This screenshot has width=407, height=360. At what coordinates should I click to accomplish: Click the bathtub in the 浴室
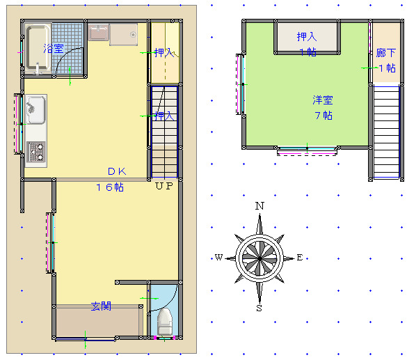pyautogui.click(x=38, y=48)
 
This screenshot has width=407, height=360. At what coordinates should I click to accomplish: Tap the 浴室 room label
pyautogui.click(x=54, y=49)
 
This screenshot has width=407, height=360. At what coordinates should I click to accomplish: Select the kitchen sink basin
pyautogui.click(x=35, y=109)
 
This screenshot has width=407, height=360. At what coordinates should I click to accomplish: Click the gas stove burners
pyautogui.click(x=35, y=151)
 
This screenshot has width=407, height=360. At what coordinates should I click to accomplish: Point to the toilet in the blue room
pyautogui.click(x=165, y=322)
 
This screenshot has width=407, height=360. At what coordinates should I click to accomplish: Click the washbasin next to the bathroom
pyautogui.click(x=98, y=32)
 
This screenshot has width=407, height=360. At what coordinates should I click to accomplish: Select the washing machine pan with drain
pyautogui.click(x=124, y=35)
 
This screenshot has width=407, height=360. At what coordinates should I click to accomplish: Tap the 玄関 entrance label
pyautogui.click(x=101, y=306)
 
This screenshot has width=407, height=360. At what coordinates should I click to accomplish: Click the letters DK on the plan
pyautogui.click(x=117, y=171)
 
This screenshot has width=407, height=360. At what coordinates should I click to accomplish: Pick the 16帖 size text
pyautogui.click(x=110, y=187)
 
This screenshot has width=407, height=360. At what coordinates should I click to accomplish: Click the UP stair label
pyautogui.click(x=164, y=186)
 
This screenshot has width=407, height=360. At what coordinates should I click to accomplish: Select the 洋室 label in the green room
pyautogui.click(x=323, y=100)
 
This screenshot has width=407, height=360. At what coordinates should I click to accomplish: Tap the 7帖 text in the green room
pyautogui.click(x=324, y=116)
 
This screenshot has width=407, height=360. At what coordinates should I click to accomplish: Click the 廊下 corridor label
pyautogui.click(x=386, y=53)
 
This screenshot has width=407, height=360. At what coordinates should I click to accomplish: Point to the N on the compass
pyautogui.click(x=260, y=206)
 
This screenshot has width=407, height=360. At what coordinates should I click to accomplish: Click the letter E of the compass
pyautogui.click(x=300, y=258)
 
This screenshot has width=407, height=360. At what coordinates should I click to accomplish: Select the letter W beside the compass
pyautogui.click(x=219, y=258)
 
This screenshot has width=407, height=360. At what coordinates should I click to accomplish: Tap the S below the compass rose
pyautogui.click(x=259, y=308)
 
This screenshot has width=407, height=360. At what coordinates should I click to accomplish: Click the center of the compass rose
pyautogui.click(x=260, y=258)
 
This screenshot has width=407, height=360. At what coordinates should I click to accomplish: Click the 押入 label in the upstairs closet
pyautogui.click(x=307, y=37)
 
